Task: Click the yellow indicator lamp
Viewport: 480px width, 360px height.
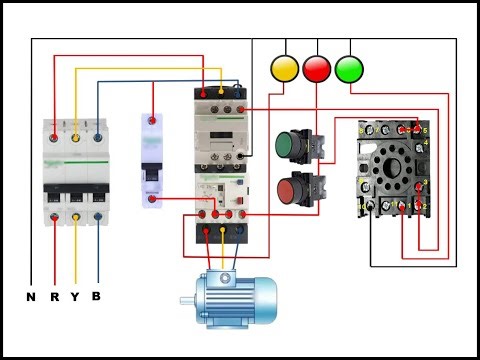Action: (x=285, y=68)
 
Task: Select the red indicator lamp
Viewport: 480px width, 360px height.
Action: (x=317, y=68)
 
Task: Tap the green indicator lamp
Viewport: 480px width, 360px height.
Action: (x=349, y=68)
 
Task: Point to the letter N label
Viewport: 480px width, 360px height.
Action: (x=31, y=296)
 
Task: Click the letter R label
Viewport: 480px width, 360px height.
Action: (x=54, y=296)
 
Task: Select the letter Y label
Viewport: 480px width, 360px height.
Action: (x=75, y=296)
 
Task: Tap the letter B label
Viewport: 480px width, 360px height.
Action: (x=96, y=296)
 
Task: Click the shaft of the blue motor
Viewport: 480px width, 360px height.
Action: (x=187, y=299)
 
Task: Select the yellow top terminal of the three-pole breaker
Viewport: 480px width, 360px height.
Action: (x=75, y=131)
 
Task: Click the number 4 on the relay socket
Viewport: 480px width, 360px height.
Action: (x=426, y=146)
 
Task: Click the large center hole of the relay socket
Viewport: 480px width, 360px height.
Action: (x=392, y=167)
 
